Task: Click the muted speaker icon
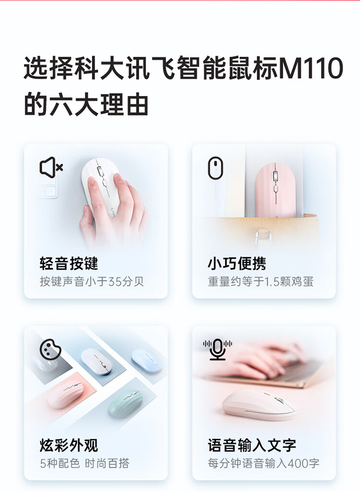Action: click(51, 167)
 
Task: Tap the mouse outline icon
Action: click(216, 168)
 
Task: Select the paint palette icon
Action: click(50, 348)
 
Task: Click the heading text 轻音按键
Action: click(69, 263)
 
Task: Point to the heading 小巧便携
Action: click(237, 263)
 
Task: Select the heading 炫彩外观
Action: click(69, 445)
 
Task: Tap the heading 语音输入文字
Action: click(252, 445)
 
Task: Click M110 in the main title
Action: click(311, 68)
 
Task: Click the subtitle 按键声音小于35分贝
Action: click(92, 281)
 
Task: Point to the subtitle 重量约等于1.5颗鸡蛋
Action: click(261, 281)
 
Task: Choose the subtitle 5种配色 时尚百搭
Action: click(84, 463)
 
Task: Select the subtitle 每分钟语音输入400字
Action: click(264, 463)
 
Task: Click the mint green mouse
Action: click(126, 403)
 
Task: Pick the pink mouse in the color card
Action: click(65, 395)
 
